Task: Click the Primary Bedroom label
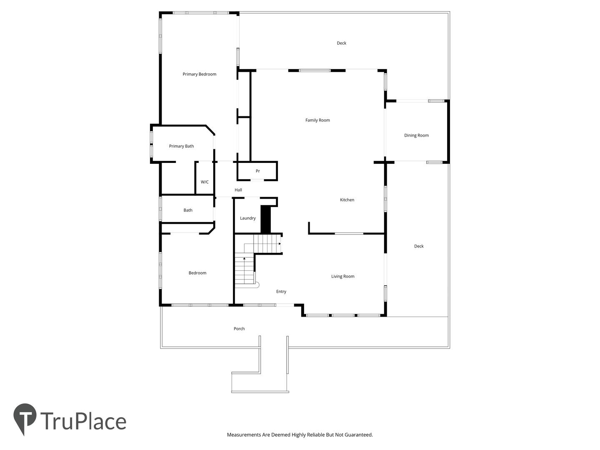point(199,74)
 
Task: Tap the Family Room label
point(317,120)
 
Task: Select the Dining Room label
point(416,135)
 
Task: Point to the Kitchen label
point(347,200)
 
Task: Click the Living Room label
point(342,277)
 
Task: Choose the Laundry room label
point(247,218)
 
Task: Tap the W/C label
point(205,182)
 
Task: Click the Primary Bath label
point(181,146)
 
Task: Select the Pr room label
point(257,171)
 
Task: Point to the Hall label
point(238,190)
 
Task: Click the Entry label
point(281,292)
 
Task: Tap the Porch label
point(239,329)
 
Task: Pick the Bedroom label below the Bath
point(197,273)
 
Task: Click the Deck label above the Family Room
point(341,43)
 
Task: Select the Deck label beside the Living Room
point(418,246)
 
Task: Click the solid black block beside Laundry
point(265,220)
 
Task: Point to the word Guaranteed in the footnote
point(358,435)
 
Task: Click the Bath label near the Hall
point(188,210)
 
